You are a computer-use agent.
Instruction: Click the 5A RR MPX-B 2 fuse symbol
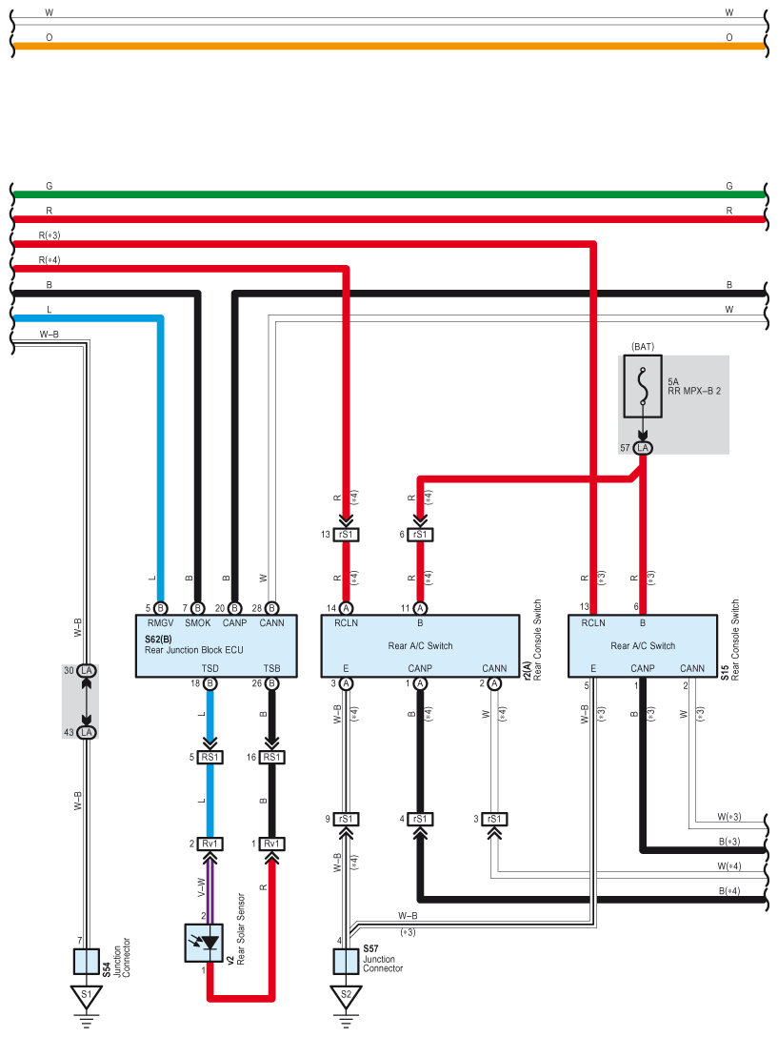click(643, 386)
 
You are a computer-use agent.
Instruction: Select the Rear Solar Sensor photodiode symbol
click(203, 943)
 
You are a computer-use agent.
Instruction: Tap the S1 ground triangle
click(86, 997)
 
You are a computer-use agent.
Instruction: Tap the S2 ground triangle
click(346, 997)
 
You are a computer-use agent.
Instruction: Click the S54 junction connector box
click(86, 962)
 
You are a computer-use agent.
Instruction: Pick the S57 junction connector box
click(346, 962)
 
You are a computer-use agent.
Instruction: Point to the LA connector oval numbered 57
click(643, 448)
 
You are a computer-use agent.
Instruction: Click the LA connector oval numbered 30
click(86, 671)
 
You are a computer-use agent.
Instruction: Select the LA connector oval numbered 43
click(86, 732)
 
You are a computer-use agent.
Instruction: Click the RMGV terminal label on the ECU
click(160, 623)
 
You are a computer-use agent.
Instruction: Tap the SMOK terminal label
click(198, 623)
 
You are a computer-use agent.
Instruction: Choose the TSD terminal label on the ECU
click(209, 668)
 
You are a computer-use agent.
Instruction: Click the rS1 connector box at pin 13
click(346, 535)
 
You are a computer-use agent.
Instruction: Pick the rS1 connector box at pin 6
click(420, 535)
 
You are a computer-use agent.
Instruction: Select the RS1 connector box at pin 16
click(271, 757)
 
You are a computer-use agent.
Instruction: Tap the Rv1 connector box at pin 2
click(209, 844)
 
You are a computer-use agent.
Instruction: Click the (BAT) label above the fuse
click(643, 347)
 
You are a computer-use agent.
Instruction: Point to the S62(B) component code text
click(158, 640)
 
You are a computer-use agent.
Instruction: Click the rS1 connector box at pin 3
click(494, 819)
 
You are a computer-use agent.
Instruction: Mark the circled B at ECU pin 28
click(271, 608)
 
